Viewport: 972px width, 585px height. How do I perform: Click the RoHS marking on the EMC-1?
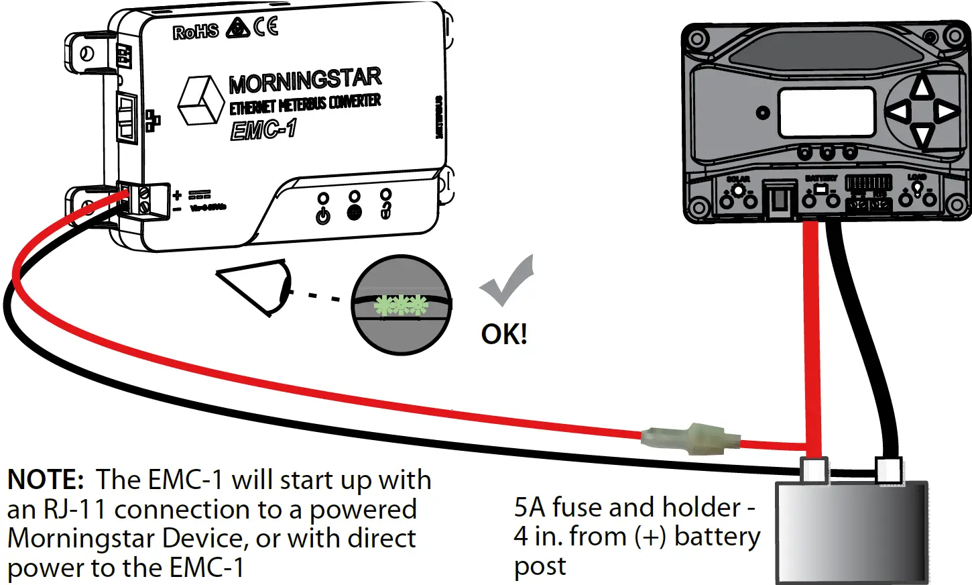coord(195,32)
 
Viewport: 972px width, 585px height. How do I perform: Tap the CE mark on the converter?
coord(266,27)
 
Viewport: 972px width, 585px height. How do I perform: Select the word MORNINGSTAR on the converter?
coord(305,81)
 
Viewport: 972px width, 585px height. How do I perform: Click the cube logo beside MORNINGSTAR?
coord(200,100)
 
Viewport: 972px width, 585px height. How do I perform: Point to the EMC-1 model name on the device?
coord(263,129)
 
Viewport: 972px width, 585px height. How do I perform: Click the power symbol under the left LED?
coord(323,216)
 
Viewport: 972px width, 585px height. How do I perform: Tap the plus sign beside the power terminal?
coord(177,195)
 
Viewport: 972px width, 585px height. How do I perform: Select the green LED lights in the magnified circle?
coord(400,305)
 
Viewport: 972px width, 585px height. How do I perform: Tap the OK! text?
coord(504,334)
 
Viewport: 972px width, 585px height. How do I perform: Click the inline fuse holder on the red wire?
coord(690,439)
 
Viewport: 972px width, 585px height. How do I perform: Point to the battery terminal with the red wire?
coord(814,470)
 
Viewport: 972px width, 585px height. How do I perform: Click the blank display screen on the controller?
coord(827,113)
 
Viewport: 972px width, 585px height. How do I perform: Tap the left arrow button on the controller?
coord(899,111)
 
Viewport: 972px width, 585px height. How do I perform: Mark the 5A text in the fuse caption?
coord(530,508)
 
